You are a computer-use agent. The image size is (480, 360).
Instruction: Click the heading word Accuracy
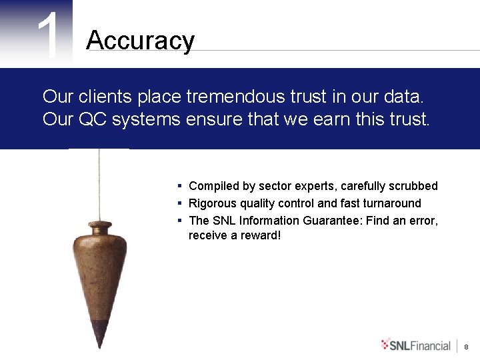coord(140,41)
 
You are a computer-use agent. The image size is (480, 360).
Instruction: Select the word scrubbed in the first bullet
coord(412,186)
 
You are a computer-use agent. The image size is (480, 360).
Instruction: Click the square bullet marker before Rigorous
coord(180,203)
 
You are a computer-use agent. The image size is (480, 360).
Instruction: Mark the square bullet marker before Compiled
coord(180,186)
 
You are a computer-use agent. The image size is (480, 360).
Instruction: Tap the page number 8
coord(466,347)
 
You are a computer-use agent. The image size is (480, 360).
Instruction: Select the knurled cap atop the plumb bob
coord(99,225)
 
